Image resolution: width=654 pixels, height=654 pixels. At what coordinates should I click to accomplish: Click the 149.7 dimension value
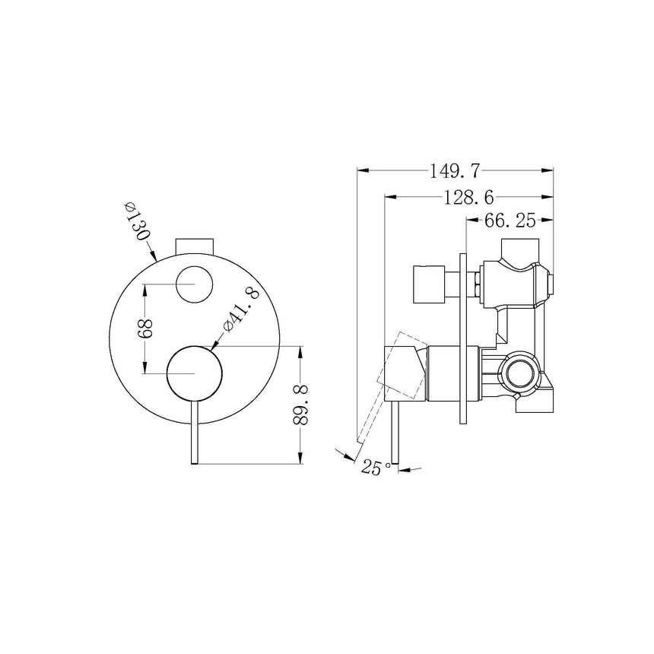pos(456,170)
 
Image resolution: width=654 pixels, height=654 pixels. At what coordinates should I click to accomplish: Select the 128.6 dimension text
pos(468,197)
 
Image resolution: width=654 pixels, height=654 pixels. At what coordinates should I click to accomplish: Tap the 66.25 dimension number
pos(510,221)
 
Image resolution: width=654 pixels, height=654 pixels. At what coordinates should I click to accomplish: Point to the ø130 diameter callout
pos(137,222)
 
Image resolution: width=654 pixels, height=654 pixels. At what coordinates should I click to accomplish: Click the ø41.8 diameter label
pos(242,309)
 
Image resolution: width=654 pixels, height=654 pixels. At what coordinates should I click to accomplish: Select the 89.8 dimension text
pos(300,405)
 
